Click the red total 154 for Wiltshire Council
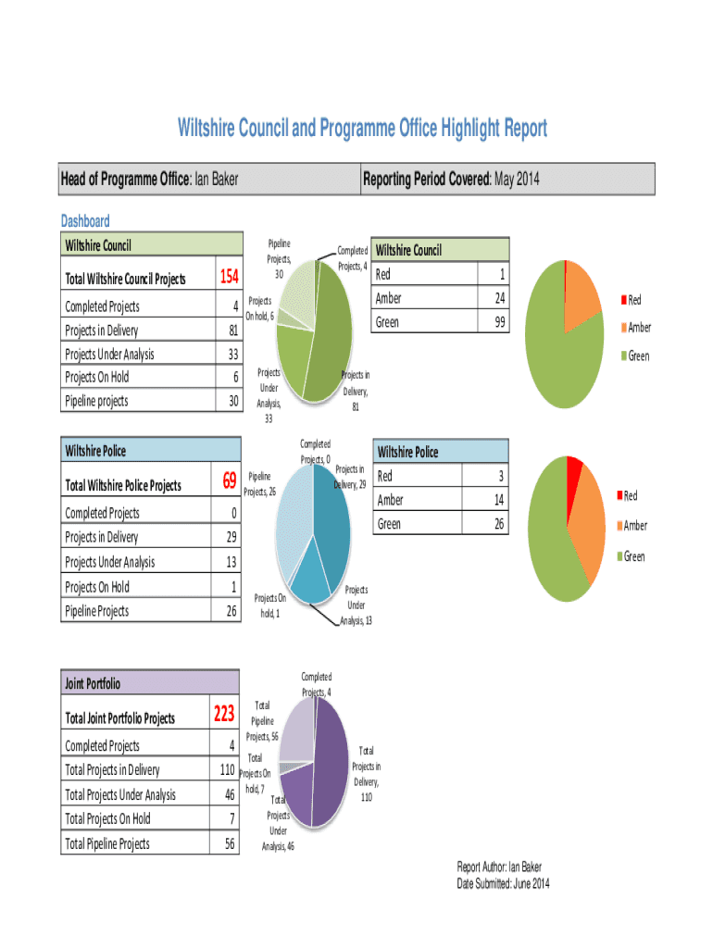pyautogui.click(x=229, y=278)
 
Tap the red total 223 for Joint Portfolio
pyautogui.click(x=224, y=715)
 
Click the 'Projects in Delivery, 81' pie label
pyautogui.click(x=356, y=390)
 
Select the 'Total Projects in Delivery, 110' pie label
pyautogui.click(x=366, y=774)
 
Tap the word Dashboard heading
pyautogui.click(x=85, y=220)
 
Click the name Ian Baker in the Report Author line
pyautogui.click(x=525, y=867)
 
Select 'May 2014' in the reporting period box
pyautogui.click(x=517, y=179)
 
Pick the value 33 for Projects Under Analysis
pyautogui.click(x=233, y=354)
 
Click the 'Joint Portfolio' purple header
pyautogui.click(x=93, y=684)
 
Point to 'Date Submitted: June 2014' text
pyautogui.click(x=503, y=884)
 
